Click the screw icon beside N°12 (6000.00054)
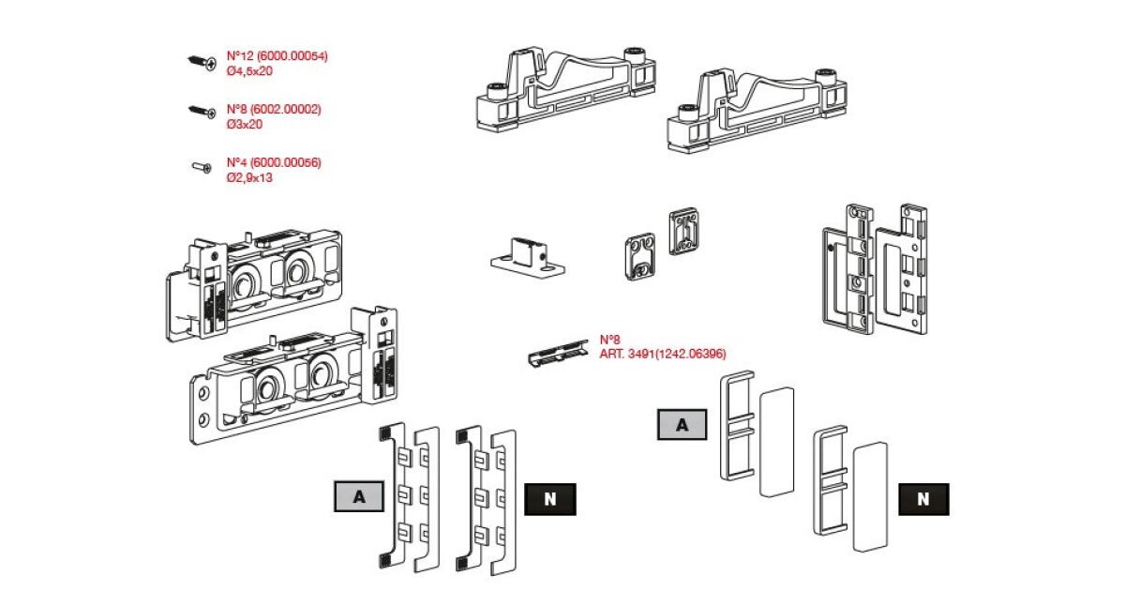pyautogui.click(x=202, y=62)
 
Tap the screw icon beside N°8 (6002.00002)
pyautogui.click(x=202, y=112)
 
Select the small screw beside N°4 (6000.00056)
pyautogui.click(x=202, y=167)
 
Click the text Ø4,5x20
pyautogui.click(x=248, y=70)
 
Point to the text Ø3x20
pyautogui.click(x=244, y=124)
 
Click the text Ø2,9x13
pyautogui.click(x=248, y=177)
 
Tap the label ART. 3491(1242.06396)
pyautogui.click(x=663, y=354)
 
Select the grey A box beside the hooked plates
pyautogui.click(x=358, y=498)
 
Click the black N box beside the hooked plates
pyautogui.click(x=550, y=499)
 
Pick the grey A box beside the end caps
pyautogui.click(x=682, y=424)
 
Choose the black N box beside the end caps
pyautogui.click(x=923, y=499)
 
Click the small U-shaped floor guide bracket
pyautogui.click(x=528, y=256)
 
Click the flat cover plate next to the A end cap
pyautogui.click(x=774, y=442)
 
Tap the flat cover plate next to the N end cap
pyautogui.click(x=869, y=493)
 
